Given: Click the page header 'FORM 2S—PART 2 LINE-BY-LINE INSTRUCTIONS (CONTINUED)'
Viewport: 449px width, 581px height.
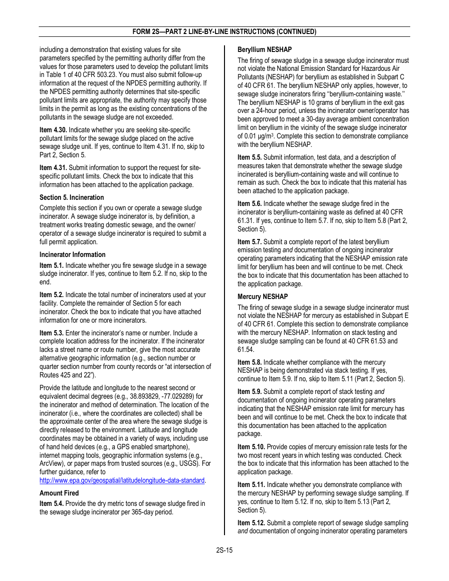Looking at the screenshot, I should pyautogui.click(x=224, y=32).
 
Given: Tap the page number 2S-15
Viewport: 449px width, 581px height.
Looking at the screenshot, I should pyautogui.click(x=224, y=550).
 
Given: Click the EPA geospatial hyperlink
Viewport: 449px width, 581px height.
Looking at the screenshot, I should pyautogui.click(x=122, y=480).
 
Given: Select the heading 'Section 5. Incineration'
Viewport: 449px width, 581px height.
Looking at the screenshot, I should pyautogui.click(x=72, y=197).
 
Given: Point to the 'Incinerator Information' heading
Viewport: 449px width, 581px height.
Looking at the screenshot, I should pyautogui.click(x=72, y=255).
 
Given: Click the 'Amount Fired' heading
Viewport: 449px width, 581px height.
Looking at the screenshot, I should pyautogui.click(x=59, y=493).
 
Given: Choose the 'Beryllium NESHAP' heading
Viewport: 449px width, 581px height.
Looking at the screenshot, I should pyautogui.click(x=265, y=50).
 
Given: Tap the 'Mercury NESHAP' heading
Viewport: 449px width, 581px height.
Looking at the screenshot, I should pyautogui.click(x=263, y=297).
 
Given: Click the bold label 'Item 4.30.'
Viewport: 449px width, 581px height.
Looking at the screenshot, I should pyautogui.click(x=53, y=130).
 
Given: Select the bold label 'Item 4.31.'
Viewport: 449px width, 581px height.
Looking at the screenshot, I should pyautogui.click(x=53, y=168).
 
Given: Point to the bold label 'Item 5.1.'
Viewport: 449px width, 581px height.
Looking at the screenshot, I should pyautogui.click(x=52, y=265).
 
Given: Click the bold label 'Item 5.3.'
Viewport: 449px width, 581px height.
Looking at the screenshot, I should pyautogui.click(x=52, y=333).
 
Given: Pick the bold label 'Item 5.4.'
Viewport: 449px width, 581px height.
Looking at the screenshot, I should pyautogui.click(x=52, y=504).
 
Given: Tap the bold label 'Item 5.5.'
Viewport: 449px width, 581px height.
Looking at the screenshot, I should pyautogui.click(x=250, y=157).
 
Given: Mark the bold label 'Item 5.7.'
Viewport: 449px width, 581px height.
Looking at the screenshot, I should pyautogui.click(x=250, y=242).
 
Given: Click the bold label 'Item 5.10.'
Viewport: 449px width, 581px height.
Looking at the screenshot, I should pyautogui.click(x=251, y=447).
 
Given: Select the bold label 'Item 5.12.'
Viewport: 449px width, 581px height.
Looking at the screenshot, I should pyautogui.click(x=251, y=523).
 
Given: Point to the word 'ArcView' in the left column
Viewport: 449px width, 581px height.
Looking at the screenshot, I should pyautogui.click(x=52, y=463).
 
